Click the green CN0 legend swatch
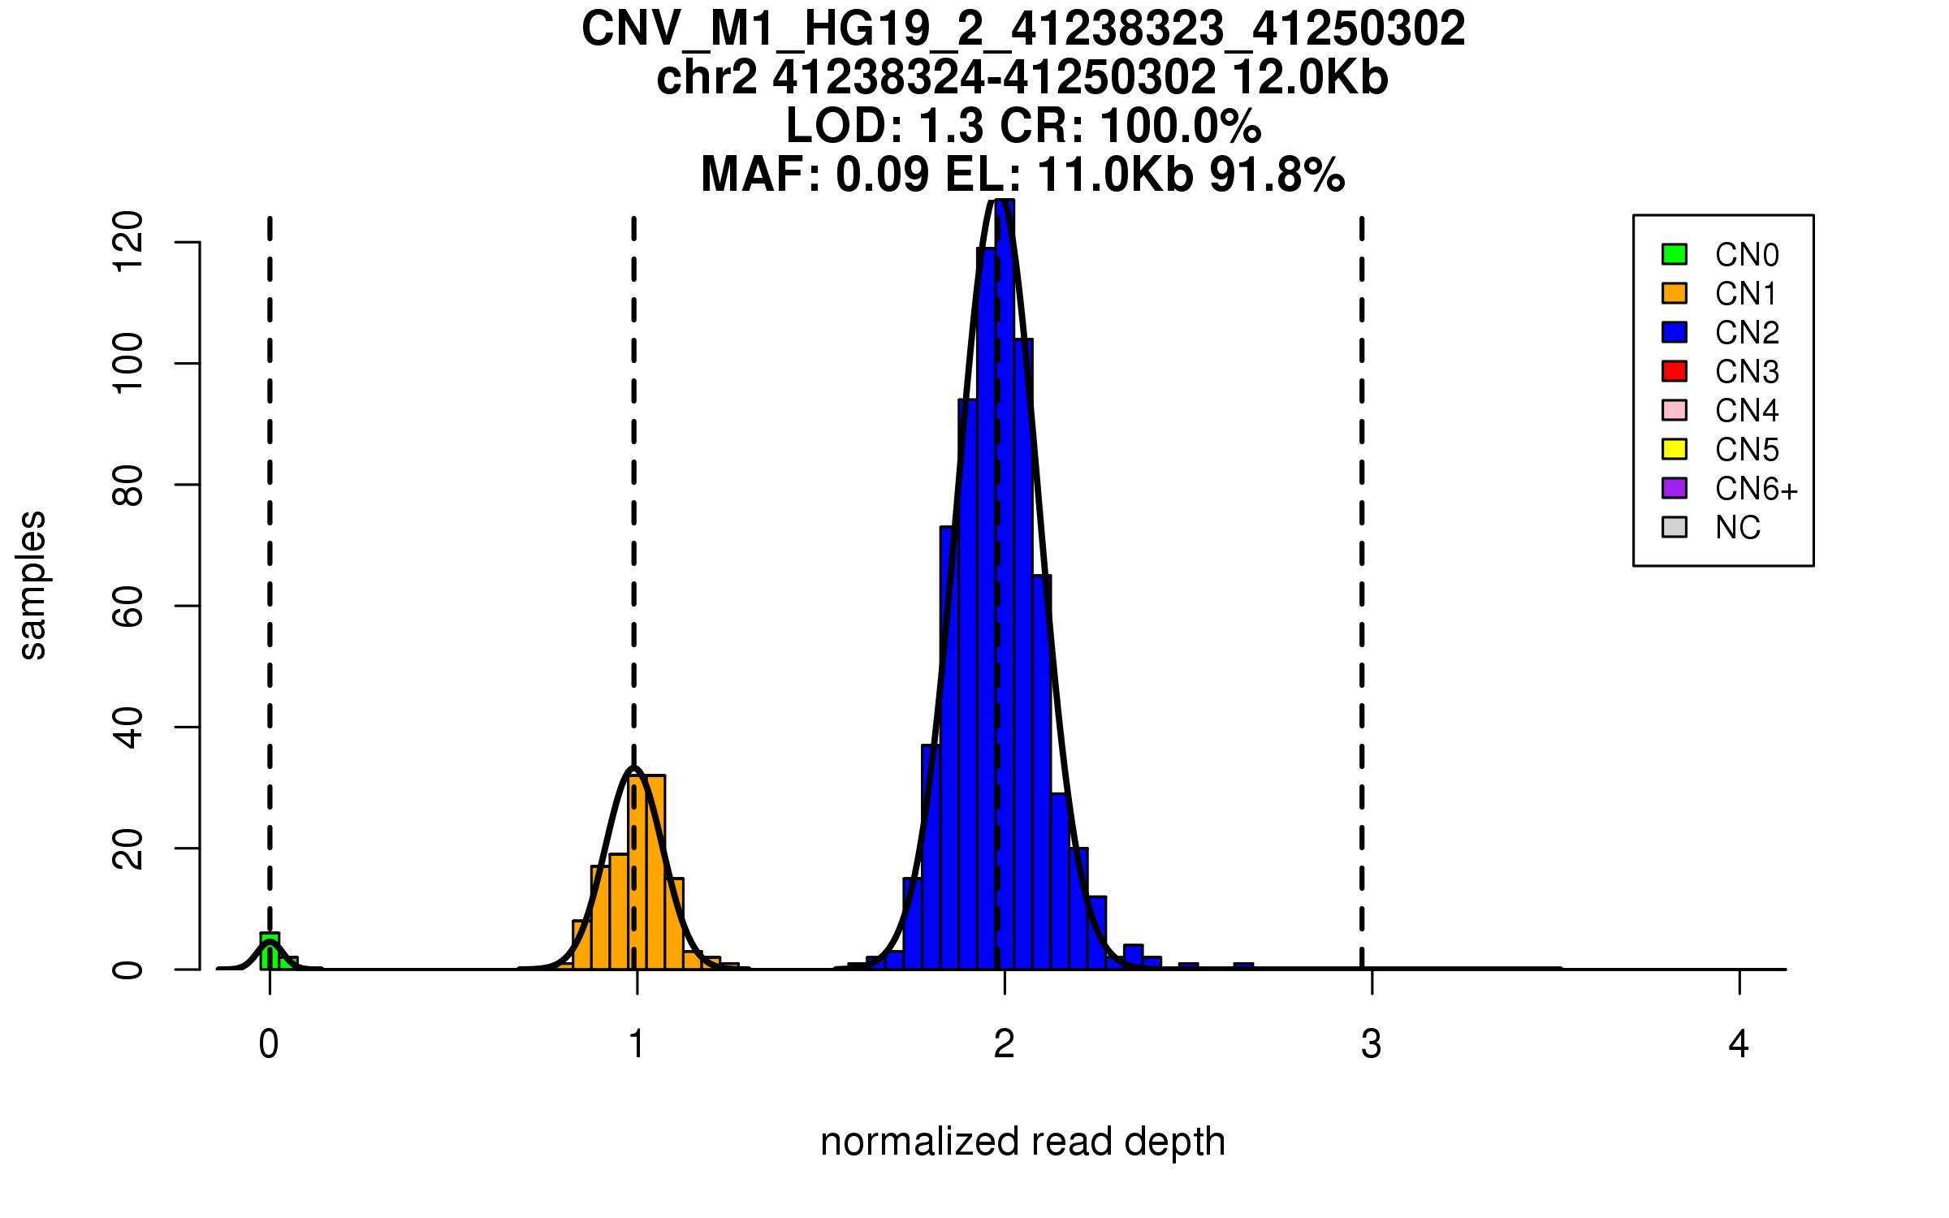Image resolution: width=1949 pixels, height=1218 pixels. [x=1675, y=254]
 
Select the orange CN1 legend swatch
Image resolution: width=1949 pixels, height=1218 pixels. [x=1675, y=293]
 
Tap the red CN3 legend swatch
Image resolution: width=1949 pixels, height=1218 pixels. [x=1675, y=371]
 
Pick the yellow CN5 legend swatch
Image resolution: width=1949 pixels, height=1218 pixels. [x=1675, y=449]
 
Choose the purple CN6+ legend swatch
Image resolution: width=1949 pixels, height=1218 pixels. [x=1675, y=488]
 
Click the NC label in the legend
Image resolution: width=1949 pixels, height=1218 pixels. [x=1737, y=528]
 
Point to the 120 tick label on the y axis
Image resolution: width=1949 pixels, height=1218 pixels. [x=128, y=242]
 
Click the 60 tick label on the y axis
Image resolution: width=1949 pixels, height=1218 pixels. [x=128, y=606]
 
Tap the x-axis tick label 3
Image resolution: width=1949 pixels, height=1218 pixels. [x=1372, y=1044]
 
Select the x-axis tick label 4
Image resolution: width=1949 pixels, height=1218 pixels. [x=1739, y=1044]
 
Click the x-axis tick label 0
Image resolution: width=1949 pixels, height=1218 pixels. [x=269, y=1044]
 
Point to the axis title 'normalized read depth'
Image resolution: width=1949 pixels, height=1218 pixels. [x=1022, y=1142]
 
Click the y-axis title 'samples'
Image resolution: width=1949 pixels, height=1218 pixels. [x=32, y=585]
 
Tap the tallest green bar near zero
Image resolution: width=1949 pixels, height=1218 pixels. [x=270, y=951]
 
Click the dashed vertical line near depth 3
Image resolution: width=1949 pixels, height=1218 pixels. [x=1362, y=568]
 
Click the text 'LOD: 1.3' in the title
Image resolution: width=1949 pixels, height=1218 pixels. [x=887, y=126]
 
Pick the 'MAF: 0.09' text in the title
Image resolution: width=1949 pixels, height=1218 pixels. [x=815, y=175]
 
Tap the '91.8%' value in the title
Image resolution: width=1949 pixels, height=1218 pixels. [x=1277, y=175]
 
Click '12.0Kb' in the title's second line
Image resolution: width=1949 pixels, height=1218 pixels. [x=1310, y=78]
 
